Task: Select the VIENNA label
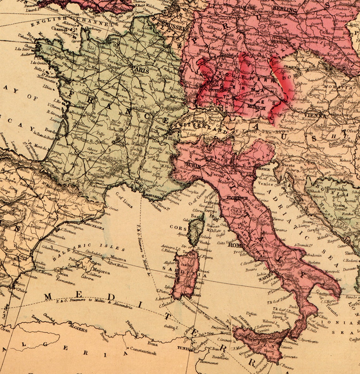tap(315, 116)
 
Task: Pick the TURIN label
tap(193, 165)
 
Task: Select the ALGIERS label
tap(78, 329)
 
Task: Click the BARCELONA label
tap(94, 227)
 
